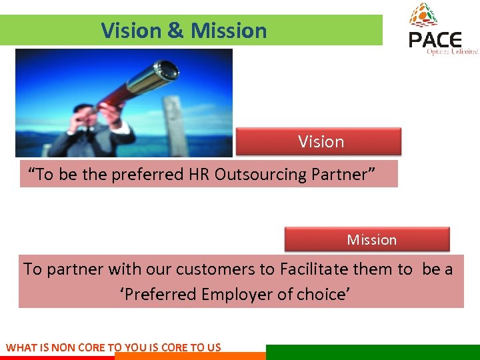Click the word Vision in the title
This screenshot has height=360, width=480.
(131, 31)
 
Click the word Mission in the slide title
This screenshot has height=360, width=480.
(229, 31)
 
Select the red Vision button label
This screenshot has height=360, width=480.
(321, 142)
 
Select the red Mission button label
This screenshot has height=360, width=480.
(371, 240)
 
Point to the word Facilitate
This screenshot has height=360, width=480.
(313, 269)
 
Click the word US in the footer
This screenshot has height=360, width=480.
(213, 347)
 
